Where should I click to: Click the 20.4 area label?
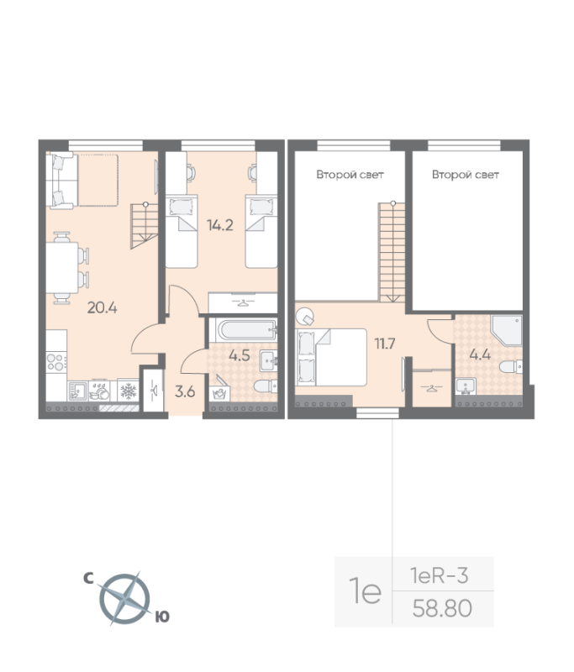coord(102,307)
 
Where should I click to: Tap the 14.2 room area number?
coord(219,224)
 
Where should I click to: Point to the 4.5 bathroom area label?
coord(240,355)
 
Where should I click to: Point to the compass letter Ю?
coord(163,617)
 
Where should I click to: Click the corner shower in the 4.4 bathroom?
coord(508,333)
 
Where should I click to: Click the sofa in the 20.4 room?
coord(63,179)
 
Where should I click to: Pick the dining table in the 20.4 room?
coord(61,267)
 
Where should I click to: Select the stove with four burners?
coord(55,361)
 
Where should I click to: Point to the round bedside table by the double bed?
coord(306,317)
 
